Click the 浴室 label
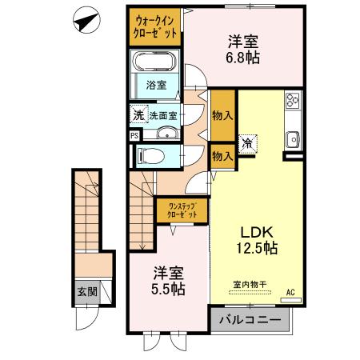click(155, 84)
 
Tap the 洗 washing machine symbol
click(138, 115)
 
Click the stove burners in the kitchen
click(292, 103)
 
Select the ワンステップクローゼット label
click(182, 211)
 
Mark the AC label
click(292, 294)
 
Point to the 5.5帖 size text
click(163, 289)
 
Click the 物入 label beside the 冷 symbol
click(222, 157)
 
